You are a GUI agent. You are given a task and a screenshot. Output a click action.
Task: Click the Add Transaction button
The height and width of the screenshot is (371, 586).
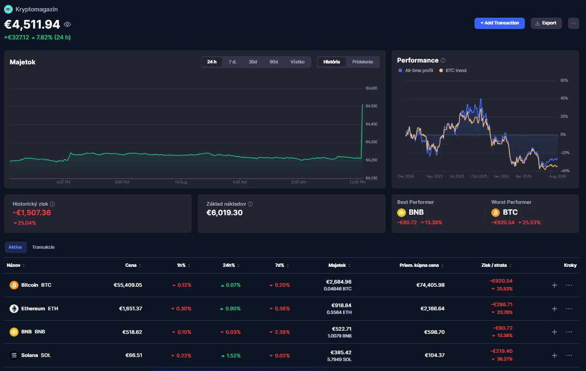coord(499,23)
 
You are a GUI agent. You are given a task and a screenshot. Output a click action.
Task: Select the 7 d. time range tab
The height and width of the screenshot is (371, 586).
coord(232,62)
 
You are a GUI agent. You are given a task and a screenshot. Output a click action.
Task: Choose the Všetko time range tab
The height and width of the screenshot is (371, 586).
coord(297,62)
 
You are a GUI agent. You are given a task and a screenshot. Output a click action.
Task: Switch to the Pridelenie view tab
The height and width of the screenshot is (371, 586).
coord(363,62)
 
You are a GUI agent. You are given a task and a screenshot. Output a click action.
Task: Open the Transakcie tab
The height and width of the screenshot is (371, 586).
coord(43,247)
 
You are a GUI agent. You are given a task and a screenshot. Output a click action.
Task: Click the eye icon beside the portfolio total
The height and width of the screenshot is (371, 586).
coord(67,24)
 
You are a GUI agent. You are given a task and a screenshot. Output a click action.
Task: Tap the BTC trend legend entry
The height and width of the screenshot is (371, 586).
coord(453,71)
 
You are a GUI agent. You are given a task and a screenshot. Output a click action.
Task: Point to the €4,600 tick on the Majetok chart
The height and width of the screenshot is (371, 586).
coord(372,88)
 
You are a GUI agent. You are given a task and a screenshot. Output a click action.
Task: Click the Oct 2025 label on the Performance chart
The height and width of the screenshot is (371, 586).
coord(479,176)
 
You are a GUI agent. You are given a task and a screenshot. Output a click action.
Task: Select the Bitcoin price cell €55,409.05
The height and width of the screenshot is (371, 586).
coord(128,285)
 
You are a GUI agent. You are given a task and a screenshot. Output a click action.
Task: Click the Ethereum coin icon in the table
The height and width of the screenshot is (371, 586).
coord(14,309)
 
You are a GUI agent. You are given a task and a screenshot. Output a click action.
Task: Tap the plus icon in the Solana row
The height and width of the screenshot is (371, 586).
coord(554,356)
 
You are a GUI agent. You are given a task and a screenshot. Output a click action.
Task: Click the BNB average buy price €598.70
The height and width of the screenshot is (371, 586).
coord(434,332)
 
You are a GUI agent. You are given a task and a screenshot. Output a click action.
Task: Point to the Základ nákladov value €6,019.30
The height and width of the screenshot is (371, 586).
coord(224,212)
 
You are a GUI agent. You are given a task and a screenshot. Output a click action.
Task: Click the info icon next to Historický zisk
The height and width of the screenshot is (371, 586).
coord(52,204)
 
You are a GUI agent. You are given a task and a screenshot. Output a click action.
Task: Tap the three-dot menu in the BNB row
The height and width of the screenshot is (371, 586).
coord(569,332)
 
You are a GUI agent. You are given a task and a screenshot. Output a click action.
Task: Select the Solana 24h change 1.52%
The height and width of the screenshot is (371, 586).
coord(231,356)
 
